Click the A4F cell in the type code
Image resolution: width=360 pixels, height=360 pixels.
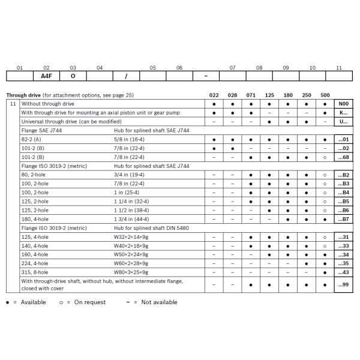point(46,76)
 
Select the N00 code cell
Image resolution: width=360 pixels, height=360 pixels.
point(343,103)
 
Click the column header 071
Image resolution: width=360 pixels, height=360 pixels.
point(251,95)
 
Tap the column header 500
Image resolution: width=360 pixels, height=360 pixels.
point(325,95)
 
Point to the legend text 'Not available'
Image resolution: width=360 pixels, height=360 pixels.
point(159,302)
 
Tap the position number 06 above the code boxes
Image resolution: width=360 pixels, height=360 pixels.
point(179,68)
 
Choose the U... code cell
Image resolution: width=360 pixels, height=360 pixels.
point(343,121)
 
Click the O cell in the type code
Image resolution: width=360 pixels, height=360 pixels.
point(73,76)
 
